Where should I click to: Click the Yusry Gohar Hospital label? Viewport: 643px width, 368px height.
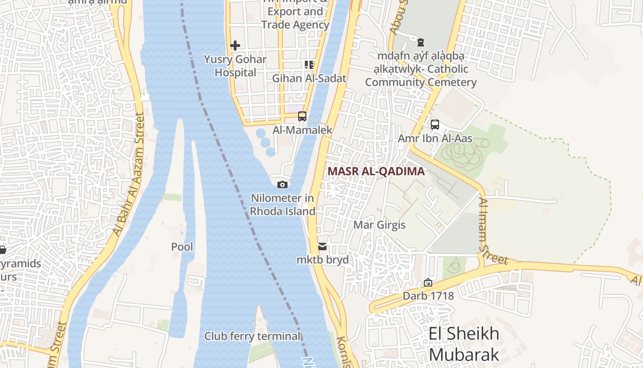(235, 66)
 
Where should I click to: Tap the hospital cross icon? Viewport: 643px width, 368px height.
(235, 46)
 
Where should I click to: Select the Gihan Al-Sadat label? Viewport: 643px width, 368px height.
(309, 78)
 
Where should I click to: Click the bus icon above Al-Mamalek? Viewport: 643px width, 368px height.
(302, 116)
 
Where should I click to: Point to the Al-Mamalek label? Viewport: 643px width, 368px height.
(302, 130)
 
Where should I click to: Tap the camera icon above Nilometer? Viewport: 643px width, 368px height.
(282, 184)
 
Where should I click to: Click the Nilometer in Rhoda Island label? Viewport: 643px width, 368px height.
(282, 205)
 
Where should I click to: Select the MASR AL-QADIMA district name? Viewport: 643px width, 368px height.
(376, 172)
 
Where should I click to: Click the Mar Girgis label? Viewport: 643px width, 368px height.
(379, 225)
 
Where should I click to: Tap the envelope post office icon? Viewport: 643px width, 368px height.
(322, 247)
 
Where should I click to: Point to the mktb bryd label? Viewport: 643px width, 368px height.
(322, 260)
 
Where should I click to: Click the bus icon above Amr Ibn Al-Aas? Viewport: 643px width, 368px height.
(434, 124)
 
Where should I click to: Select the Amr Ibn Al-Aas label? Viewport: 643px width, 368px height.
(434, 138)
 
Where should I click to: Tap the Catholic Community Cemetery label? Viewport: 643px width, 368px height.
(420, 69)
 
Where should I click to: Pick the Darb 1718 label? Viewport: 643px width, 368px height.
(428, 296)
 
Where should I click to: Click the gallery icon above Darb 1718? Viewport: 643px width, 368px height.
(428, 282)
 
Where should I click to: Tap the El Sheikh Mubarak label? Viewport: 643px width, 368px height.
(464, 344)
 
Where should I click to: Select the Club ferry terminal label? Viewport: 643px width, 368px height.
(252, 336)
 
